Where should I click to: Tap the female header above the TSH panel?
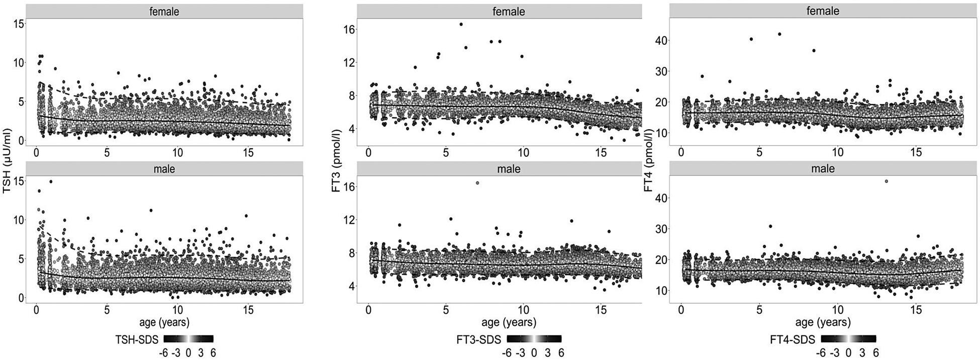(164, 11)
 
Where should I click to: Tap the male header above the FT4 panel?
(822, 168)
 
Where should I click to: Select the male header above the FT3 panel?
(508, 168)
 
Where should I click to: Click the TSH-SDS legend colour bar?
(188, 339)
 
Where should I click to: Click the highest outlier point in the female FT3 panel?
(461, 24)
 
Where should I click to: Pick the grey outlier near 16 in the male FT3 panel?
(477, 183)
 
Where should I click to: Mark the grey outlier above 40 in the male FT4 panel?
(886, 181)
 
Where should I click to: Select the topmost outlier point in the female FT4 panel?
(779, 34)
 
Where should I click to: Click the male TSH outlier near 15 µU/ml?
(51, 182)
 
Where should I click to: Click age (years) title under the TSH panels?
(164, 322)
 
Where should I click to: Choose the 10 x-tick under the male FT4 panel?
(838, 310)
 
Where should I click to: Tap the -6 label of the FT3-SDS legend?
(507, 353)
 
